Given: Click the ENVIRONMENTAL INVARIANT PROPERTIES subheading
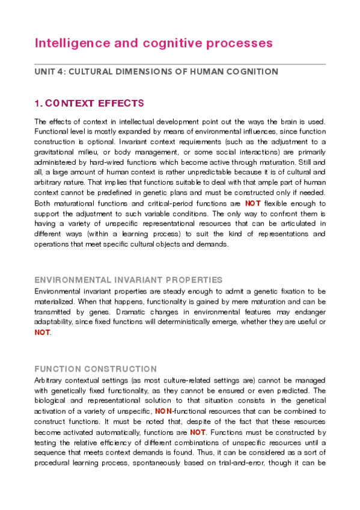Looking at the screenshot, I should click(x=129, y=280).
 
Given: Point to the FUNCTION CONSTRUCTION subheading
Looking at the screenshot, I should click(x=96, y=369).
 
